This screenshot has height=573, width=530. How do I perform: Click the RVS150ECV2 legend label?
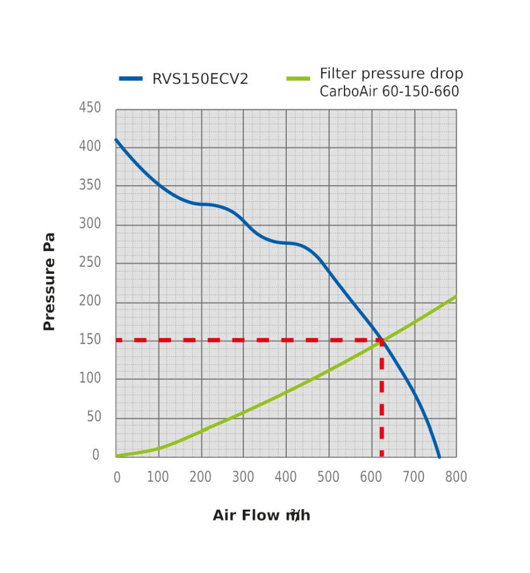(200, 79)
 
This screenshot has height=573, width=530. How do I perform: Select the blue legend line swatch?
(130, 79)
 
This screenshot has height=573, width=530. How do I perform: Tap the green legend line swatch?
(298, 79)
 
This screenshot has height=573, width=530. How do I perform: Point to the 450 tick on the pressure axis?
(90, 108)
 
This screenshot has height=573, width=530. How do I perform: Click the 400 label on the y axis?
(90, 146)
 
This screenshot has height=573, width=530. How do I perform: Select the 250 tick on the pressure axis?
(90, 262)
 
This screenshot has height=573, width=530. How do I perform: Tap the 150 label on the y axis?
(90, 340)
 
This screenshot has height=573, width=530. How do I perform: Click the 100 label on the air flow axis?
(158, 477)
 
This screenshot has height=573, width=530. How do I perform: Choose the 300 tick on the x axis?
(243, 477)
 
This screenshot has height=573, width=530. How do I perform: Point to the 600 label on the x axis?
(370, 477)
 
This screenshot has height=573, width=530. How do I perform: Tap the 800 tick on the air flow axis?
(456, 477)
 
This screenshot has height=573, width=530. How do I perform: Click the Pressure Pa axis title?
(49, 281)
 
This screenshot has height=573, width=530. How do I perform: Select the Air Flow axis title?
(261, 515)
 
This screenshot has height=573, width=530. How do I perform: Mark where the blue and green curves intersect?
(382, 340)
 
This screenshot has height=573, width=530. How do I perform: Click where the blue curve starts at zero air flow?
(116, 139)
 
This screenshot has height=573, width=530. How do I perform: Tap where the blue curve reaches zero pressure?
(439, 457)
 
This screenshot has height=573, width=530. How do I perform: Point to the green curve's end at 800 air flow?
(456, 296)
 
